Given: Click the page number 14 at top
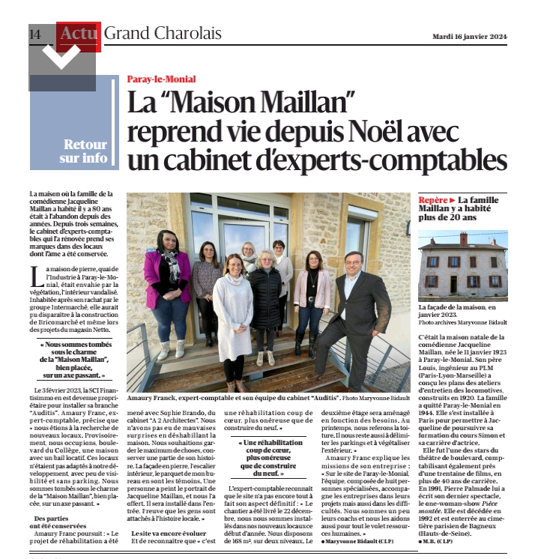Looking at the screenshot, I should pyautogui.click(x=34, y=34).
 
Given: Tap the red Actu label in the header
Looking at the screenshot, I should pyautogui.click(x=78, y=34).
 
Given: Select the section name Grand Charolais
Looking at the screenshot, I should pyautogui.click(x=163, y=34).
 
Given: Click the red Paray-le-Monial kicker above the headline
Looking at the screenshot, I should pyautogui.click(x=161, y=79).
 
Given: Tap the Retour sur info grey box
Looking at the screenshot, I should pyautogui.click(x=84, y=151).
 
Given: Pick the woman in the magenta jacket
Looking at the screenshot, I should pyautogui.click(x=169, y=288).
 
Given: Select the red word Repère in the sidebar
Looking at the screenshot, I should pyautogui.click(x=432, y=201).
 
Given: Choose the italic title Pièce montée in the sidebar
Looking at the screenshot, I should pyautogui.click(x=488, y=506).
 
